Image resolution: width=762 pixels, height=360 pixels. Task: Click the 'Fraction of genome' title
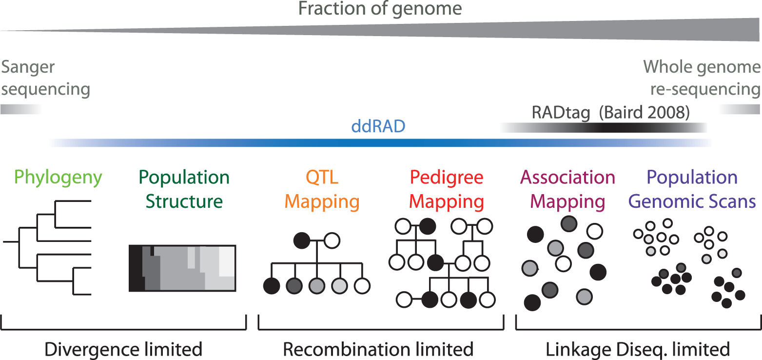point(380,9)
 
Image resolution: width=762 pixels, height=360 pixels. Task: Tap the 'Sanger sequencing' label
point(45,78)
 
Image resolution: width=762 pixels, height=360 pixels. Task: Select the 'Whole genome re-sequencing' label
point(702,78)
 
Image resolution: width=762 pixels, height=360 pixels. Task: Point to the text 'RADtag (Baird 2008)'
point(610,113)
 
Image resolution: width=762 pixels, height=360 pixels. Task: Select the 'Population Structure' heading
point(184,189)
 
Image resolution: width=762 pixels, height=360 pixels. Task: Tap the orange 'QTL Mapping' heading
point(322,189)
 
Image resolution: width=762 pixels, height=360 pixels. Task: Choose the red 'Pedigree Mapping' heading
point(447,189)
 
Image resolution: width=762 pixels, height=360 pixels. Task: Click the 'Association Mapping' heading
point(568,189)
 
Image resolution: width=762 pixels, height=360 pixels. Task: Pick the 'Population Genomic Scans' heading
point(692,189)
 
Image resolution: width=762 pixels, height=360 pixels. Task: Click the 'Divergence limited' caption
point(123,349)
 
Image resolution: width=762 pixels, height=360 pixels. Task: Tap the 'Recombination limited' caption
point(378,349)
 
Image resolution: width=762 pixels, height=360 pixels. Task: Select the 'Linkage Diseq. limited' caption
point(638,349)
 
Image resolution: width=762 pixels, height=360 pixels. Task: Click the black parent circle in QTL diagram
point(302,240)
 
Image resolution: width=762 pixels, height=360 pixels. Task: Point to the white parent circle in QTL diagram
point(332,240)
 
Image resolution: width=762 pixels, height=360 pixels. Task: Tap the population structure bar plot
point(182,268)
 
